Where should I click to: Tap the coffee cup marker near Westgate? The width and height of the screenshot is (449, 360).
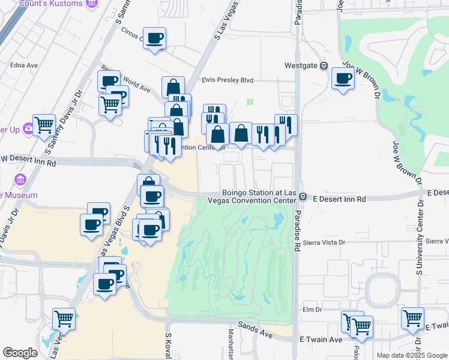[x=343, y=78]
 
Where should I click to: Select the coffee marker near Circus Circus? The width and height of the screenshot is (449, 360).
[x=155, y=38]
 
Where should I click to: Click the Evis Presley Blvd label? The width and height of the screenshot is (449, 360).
[x=228, y=80]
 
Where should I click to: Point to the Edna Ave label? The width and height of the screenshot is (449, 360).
[x=24, y=65]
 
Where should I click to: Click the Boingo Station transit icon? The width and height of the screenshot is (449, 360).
[x=304, y=197]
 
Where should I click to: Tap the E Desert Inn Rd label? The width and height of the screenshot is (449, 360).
[x=340, y=198]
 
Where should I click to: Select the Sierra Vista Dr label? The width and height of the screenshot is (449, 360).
[x=325, y=242]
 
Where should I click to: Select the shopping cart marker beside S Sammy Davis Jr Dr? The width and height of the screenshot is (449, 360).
[x=44, y=125]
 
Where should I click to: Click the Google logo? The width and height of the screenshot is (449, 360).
[x=20, y=353]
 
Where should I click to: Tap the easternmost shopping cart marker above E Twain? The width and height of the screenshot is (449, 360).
[x=413, y=318]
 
